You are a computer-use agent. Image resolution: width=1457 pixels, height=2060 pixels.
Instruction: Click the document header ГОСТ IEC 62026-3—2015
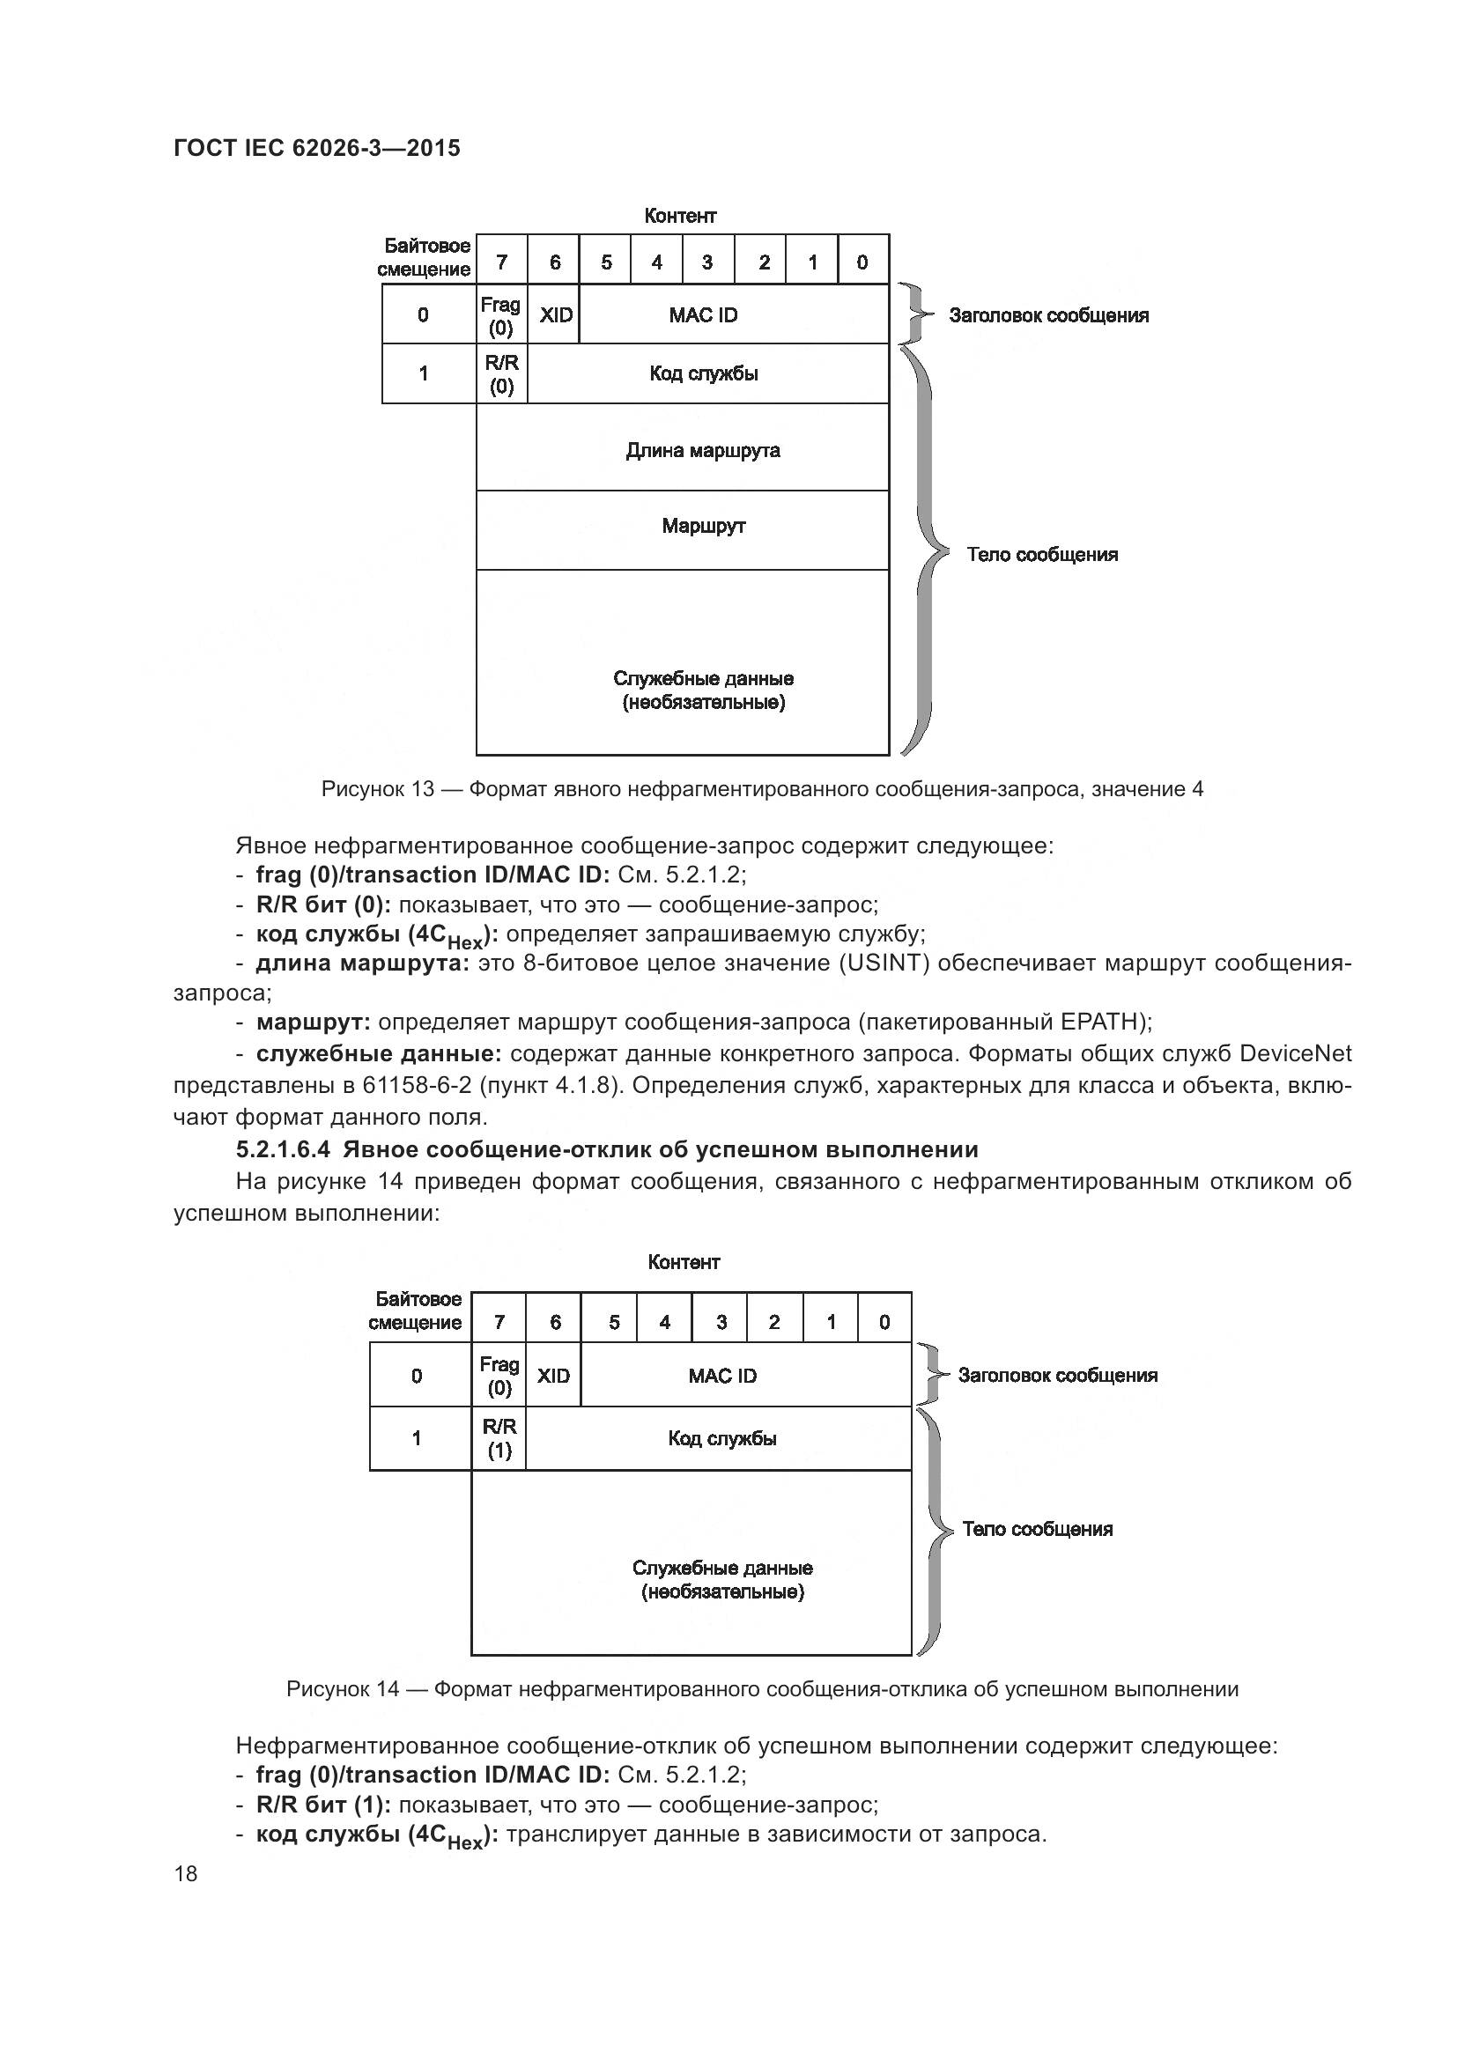316,148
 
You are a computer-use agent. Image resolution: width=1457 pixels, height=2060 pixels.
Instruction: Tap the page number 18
186,1873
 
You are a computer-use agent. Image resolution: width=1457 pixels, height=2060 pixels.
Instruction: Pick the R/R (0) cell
501,374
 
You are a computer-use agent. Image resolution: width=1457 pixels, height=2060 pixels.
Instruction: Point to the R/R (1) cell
499,1438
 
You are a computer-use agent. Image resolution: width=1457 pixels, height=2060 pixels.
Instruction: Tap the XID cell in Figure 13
554,315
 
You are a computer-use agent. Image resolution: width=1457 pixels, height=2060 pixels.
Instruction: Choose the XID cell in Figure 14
553,1376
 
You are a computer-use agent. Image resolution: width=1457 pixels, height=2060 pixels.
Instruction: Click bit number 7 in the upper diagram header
501,262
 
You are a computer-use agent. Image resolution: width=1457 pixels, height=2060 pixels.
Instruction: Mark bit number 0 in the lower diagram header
884,1322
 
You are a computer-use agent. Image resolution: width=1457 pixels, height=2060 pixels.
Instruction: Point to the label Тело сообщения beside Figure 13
1041,555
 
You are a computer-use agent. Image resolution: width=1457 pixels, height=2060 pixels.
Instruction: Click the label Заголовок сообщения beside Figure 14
1058,1376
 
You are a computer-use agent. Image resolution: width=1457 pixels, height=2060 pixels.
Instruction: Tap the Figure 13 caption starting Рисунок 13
762,789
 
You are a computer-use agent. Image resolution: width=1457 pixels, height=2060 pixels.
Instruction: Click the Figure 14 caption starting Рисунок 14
762,1689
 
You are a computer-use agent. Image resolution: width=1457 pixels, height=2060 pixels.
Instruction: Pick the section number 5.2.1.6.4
285,1149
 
